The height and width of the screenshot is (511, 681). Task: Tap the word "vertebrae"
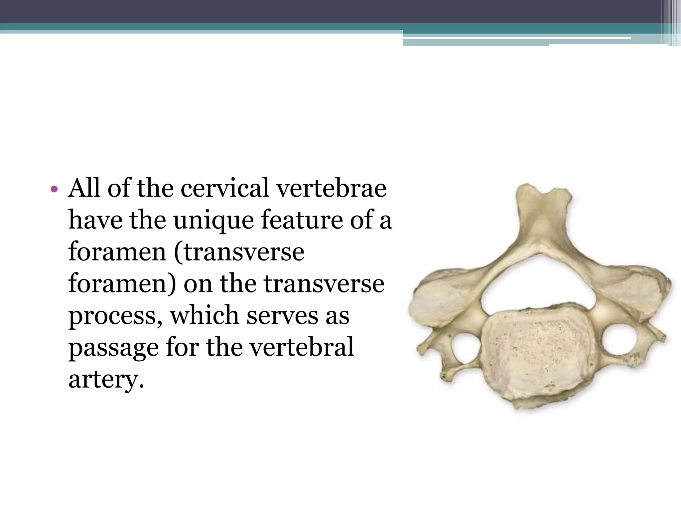(332, 188)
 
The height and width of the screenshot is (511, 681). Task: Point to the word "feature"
(301, 220)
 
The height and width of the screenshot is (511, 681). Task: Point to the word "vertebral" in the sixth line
(302, 347)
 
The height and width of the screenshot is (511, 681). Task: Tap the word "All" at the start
(84, 188)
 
